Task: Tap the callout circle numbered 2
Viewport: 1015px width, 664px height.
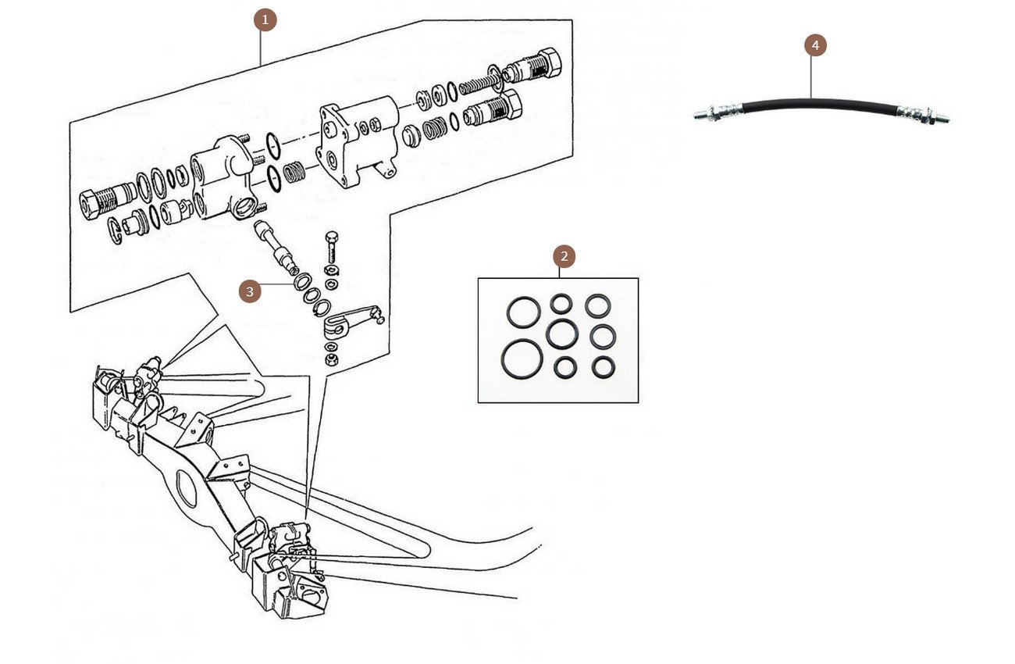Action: [564, 255]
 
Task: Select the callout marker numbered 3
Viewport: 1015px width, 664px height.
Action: [250, 292]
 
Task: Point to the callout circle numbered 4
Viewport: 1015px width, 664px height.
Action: [815, 45]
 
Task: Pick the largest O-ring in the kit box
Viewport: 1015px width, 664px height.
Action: [522, 356]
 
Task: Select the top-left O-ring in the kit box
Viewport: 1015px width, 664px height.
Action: [522, 312]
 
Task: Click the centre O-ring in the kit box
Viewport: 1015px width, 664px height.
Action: [562, 334]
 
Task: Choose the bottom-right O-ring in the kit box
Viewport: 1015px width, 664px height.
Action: [603, 367]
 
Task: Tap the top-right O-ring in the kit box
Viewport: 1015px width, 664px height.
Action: [598, 305]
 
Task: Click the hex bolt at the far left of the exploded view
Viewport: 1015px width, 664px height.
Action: [98, 202]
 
